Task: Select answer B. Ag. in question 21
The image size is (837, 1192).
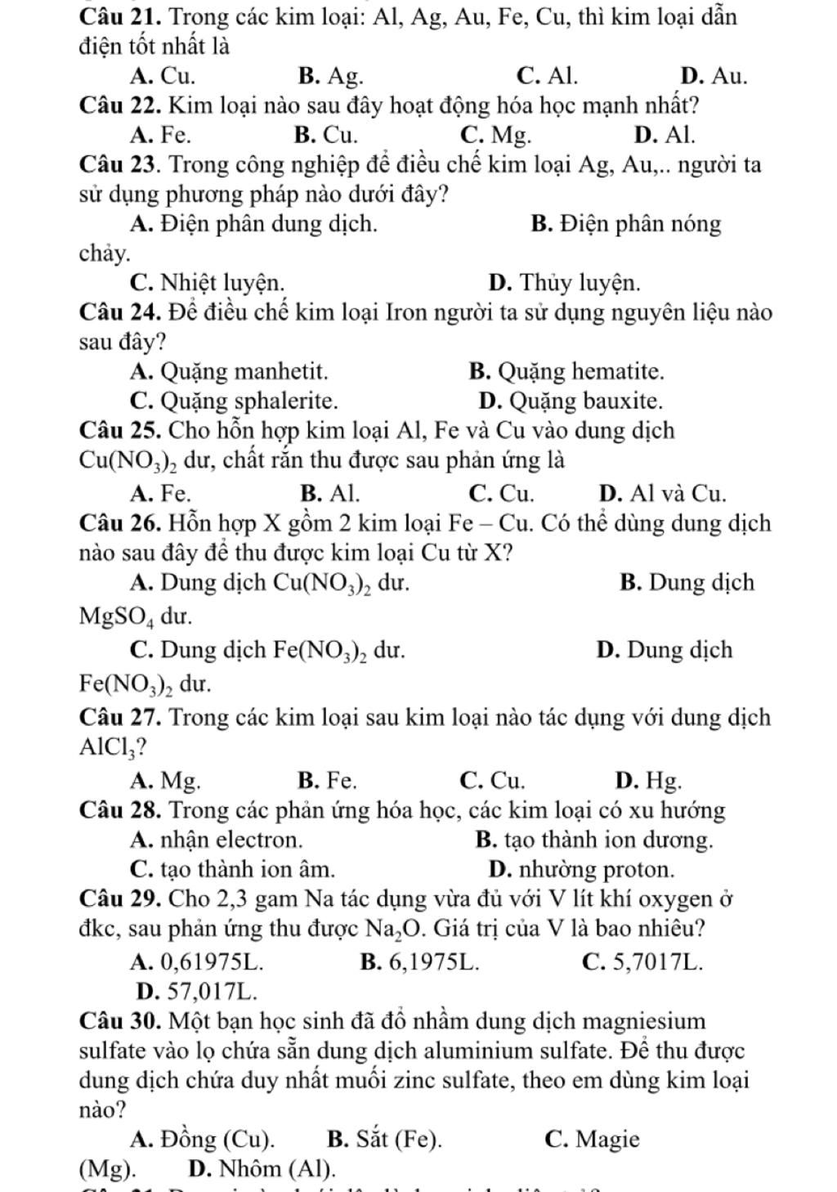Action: tap(331, 76)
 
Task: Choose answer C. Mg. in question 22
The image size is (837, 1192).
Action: tap(495, 134)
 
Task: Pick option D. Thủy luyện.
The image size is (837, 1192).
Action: tap(564, 283)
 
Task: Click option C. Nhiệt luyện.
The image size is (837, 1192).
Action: tap(208, 283)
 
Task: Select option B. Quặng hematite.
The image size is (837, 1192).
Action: tap(566, 372)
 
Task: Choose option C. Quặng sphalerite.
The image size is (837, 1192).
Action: tap(233, 401)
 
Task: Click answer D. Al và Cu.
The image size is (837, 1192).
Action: tap(662, 494)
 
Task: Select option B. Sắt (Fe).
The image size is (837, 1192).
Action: tap(384, 1140)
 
